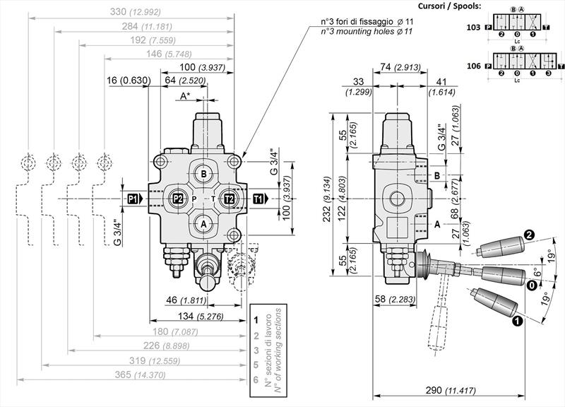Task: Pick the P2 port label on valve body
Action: [x=178, y=199]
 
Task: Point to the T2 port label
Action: [x=229, y=199]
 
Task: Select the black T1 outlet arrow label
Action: [x=260, y=199]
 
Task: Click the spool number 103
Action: [x=473, y=28]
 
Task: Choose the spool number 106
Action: [x=473, y=66]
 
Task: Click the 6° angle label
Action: [x=538, y=272]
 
